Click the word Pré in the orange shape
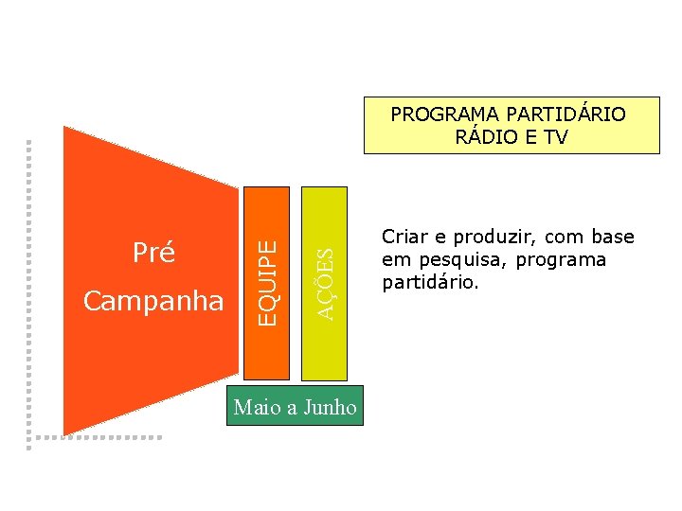[153, 253]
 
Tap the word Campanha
[153, 301]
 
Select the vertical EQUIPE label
[270, 282]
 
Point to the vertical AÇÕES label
[325, 283]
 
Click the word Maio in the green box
[256, 408]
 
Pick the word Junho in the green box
[332, 408]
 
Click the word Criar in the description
[403, 238]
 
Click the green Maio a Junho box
[296, 406]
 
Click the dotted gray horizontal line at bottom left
[95, 437]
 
